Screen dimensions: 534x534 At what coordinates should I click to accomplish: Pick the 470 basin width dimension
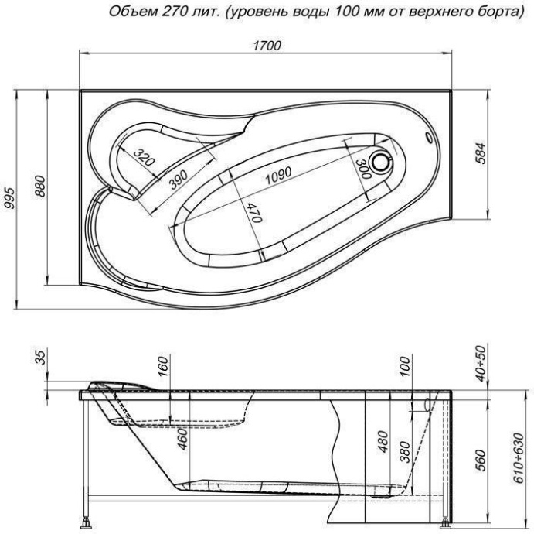(253, 211)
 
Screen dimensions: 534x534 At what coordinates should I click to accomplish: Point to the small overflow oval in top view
(429, 139)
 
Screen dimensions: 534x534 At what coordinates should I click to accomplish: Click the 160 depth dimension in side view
(162, 364)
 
